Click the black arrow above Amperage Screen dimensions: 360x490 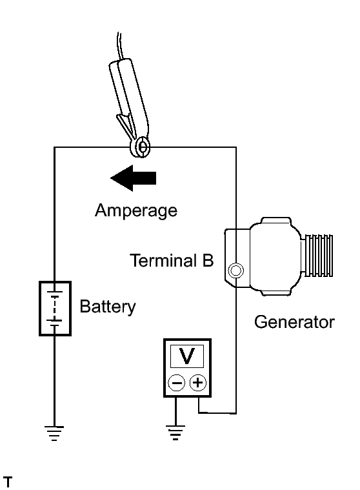134,178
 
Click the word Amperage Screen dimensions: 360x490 136,210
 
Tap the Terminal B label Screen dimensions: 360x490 172,260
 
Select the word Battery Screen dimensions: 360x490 108,307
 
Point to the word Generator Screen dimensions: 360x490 294,322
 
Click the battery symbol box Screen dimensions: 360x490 55,309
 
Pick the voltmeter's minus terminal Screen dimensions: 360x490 176,383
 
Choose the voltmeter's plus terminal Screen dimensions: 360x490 198,382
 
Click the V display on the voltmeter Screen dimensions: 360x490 187,356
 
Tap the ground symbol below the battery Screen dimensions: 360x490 54,433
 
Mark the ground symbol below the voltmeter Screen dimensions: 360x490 175,433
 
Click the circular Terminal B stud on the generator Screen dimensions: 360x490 235,271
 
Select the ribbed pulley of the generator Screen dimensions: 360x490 317,255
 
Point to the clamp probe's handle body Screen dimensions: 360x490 128,97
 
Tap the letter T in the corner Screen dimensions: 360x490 8,482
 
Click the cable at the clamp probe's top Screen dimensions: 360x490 120,46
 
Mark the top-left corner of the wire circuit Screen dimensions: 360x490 54,147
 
